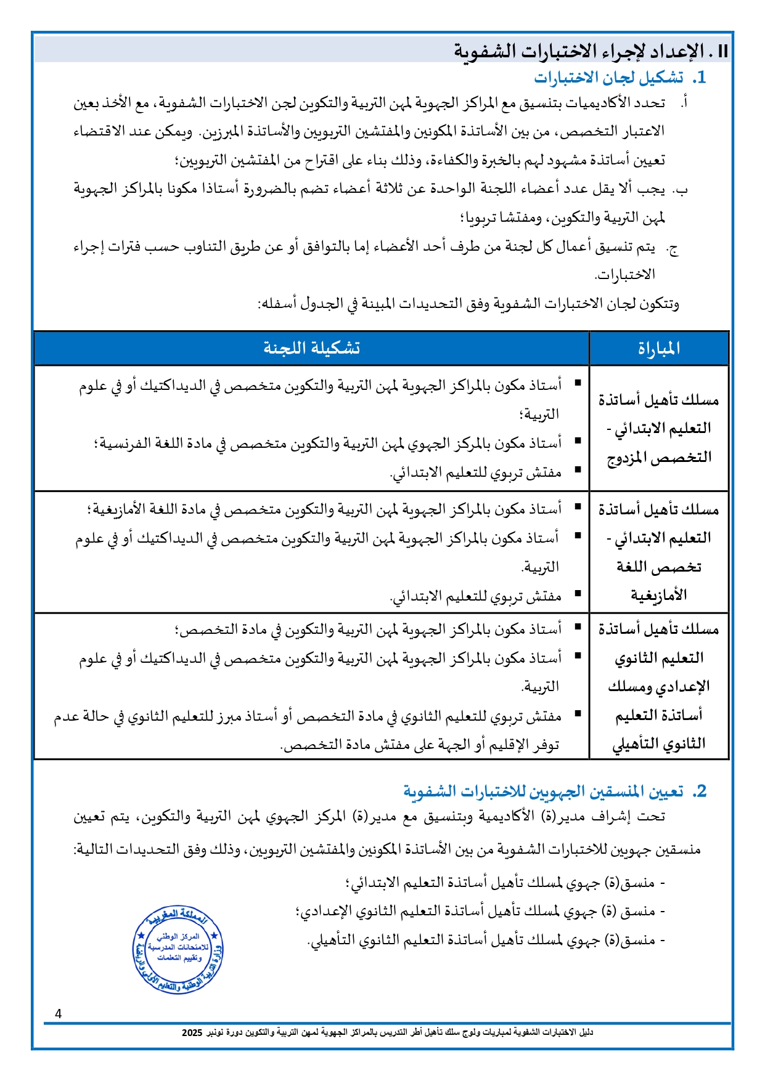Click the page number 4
[59, 1014]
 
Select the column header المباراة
[658, 349]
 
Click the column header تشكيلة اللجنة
[311, 349]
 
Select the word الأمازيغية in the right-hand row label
[658, 595]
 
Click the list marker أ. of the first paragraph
[684, 103]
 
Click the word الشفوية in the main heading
[485, 51]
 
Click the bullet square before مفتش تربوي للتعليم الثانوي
[578, 713]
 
